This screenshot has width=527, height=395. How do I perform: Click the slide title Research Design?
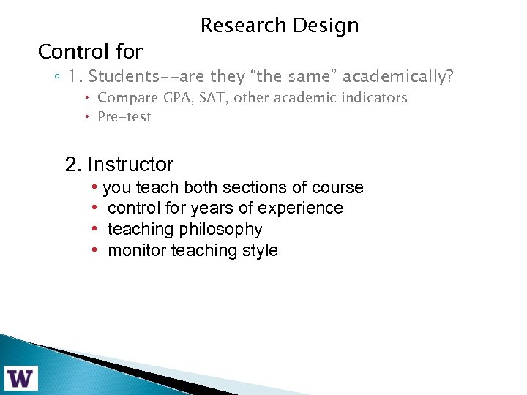click(x=280, y=26)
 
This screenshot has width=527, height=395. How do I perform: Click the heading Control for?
click(x=90, y=52)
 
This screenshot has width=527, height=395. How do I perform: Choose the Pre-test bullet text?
click(x=124, y=116)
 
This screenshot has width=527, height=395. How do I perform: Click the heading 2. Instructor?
click(x=119, y=165)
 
